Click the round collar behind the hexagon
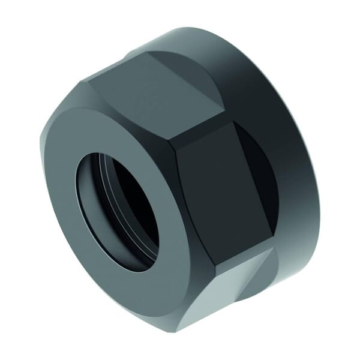click(282, 150)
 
